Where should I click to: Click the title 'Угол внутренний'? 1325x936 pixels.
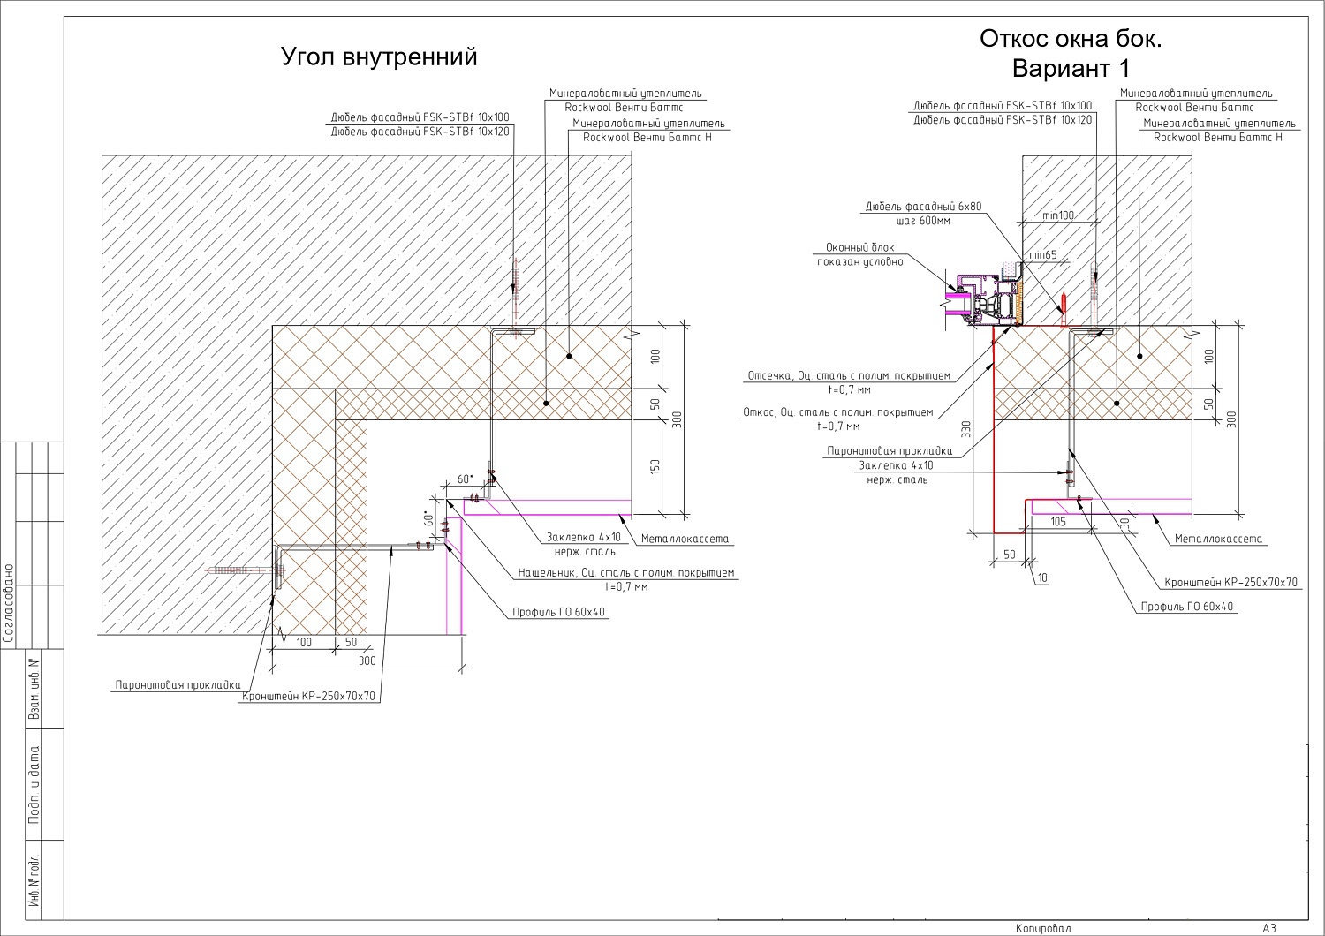tap(379, 57)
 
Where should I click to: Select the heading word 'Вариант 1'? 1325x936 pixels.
tap(1071, 68)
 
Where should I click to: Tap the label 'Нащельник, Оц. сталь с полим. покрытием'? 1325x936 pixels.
tap(625, 572)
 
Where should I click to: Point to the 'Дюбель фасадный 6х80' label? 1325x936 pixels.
tap(923, 207)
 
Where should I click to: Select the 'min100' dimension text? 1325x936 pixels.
tap(1058, 215)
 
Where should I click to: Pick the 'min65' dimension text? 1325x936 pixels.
tap(1043, 255)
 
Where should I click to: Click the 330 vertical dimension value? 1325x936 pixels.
tap(966, 428)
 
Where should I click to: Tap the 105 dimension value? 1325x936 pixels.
tap(1058, 522)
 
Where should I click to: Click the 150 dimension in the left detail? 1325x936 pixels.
tap(655, 466)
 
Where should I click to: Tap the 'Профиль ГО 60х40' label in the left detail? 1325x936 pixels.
tap(558, 612)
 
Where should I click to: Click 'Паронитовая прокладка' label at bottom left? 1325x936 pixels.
tap(178, 685)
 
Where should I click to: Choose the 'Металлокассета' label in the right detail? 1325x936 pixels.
tap(1218, 539)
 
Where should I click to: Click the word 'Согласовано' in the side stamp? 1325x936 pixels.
tap(8, 603)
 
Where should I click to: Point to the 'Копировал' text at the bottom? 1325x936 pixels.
tap(1043, 928)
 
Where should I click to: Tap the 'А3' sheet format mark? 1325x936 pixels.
tap(1269, 928)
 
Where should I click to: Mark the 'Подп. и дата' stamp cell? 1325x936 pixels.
tap(34, 784)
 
